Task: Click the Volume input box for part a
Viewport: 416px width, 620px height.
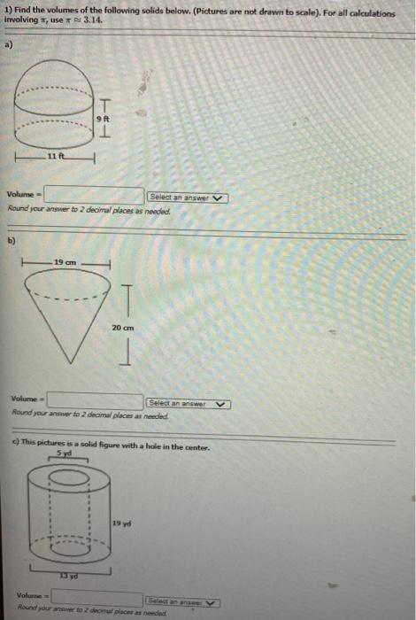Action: click(x=94, y=195)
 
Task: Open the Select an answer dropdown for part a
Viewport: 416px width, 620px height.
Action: click(x=188, y=197)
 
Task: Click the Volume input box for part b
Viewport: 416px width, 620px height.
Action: click(x=96, y=402)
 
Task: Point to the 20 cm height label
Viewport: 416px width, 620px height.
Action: click(x=123, y=327)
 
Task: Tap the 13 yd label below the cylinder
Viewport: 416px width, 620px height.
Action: click(x=65, y=577)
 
